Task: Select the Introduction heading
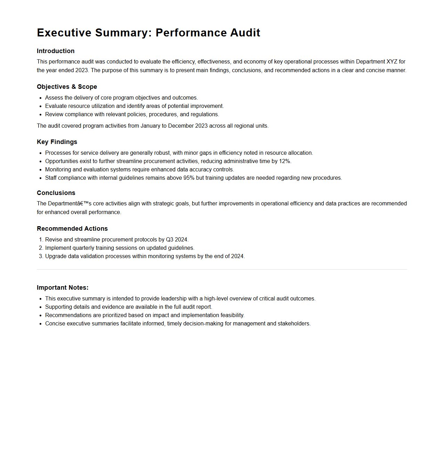click(56, 51)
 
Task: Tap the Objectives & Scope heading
click(67, 87)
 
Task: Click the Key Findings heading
click(57, 142)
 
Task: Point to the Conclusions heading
click(56, 193)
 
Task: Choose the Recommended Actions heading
click(72, 229)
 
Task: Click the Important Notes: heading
click(63, 288)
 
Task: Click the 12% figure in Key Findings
click(285, 161)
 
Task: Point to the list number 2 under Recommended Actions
click(41, 248)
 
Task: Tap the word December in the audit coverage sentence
click(181, 126)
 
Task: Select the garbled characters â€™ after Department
click(82, 204)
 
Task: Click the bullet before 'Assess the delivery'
click(41, 98)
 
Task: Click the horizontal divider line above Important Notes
click(222, 270)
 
